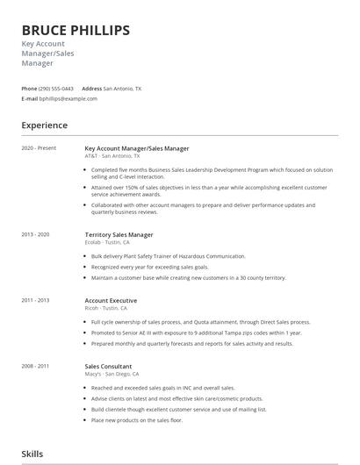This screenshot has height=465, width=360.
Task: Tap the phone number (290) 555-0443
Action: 56,89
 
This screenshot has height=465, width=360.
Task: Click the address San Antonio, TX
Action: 122,89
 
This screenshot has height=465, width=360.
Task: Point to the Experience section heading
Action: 45,125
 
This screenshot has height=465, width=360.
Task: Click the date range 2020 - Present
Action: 39,148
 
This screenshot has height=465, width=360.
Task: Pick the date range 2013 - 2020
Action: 36,234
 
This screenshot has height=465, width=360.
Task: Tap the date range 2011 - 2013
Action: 36,300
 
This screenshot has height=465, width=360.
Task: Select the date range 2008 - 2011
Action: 36,366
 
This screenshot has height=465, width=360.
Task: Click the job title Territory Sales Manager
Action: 119,235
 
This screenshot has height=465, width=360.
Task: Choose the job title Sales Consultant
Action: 108,367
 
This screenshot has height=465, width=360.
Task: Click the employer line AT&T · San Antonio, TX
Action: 113,156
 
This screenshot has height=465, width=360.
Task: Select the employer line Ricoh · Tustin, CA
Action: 106,309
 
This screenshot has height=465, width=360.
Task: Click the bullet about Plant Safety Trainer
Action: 169,256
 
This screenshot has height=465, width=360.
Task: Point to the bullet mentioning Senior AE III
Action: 196,333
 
